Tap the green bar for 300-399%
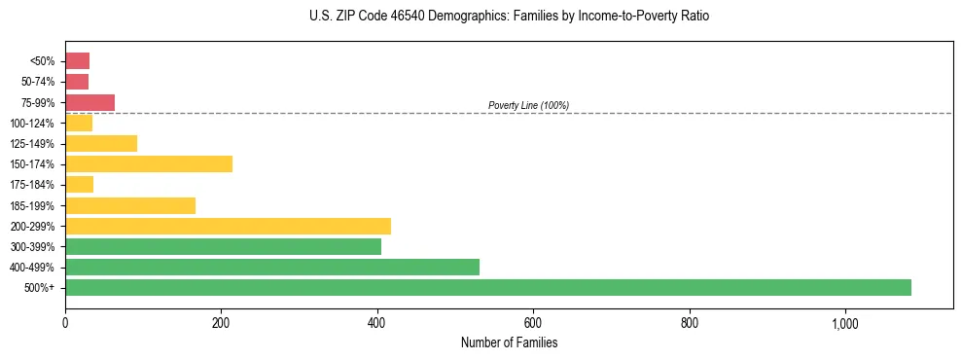tap(223, 246)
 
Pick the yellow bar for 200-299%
tap(228, 226)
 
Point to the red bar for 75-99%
tap(89, 102)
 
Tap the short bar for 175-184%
tap(79, 184)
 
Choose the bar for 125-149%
tap(101, 143)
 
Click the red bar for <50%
tap(77, 60)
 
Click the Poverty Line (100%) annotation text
tap(528, 105)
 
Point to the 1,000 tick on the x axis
tap(844, 323)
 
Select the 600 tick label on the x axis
tap(533, 323)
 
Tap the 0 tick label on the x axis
tap(65, 323)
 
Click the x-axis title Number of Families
tap(509, 342)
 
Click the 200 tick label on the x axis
tap(221, 323)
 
